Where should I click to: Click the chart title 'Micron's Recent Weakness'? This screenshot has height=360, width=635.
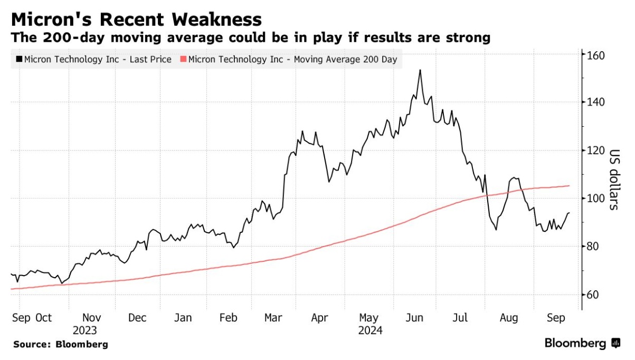136,20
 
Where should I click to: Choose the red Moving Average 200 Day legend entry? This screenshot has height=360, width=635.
290,60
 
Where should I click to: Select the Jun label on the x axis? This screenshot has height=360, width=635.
414,318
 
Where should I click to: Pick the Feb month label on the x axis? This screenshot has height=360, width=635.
228,318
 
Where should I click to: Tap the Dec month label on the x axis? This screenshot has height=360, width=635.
137,318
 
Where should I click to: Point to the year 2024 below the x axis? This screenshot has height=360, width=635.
370,331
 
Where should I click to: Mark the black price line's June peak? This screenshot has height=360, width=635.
420,70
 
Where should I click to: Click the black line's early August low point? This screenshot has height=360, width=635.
496,229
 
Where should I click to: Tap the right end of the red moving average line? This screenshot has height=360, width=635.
569,186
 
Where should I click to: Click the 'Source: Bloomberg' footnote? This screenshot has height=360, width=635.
61,345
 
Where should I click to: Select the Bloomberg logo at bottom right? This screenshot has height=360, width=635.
582,344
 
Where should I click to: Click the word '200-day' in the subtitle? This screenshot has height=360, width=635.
68,38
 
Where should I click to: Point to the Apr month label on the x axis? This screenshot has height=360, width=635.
320,318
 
